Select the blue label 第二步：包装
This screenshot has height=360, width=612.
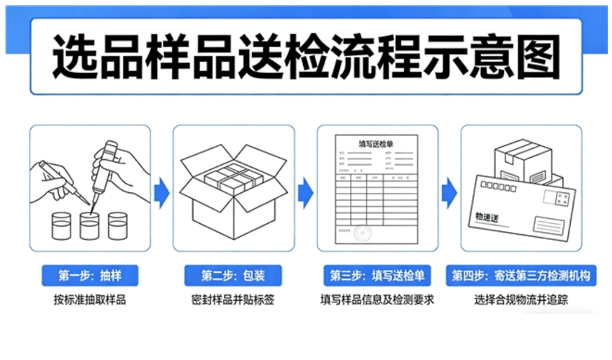[233, 276]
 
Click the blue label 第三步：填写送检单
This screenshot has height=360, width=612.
[377, 276]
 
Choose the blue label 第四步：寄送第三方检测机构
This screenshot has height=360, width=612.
[521, 276]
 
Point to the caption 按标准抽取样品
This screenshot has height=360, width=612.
[89, 300]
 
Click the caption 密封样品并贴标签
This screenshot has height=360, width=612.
[233, 300]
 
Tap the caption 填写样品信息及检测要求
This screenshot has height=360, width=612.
[377, 300]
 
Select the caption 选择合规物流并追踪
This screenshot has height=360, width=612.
[521, 300]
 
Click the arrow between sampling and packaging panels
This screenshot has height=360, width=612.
[162, 191]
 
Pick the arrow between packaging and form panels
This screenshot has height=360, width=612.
[306, 191]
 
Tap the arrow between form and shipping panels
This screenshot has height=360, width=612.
[450, 191]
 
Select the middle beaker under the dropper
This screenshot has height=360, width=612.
[89, 225]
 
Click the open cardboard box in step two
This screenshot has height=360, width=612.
[233, 191]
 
